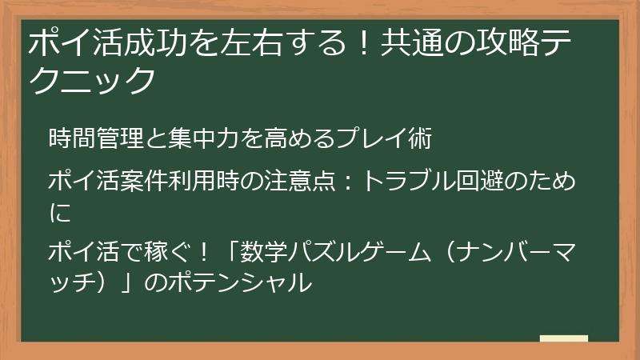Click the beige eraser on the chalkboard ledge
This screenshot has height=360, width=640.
point(564,339)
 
